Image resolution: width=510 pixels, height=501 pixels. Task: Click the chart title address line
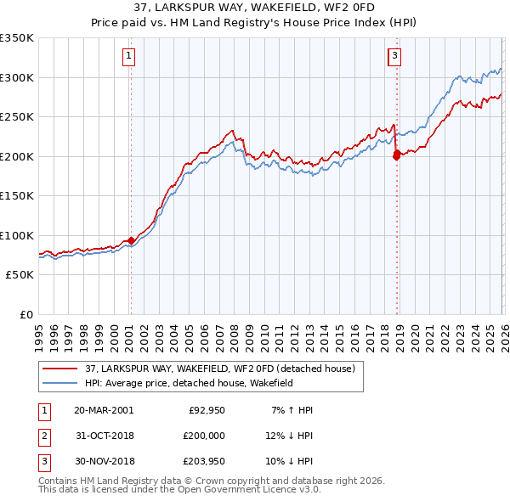[254, 8]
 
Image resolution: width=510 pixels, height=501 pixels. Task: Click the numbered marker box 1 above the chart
[128, 57]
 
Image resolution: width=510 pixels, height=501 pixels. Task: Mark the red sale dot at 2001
[131, 240]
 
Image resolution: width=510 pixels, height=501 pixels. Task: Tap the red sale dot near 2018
[396, 155]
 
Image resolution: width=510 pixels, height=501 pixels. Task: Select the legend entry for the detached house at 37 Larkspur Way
[224, 369]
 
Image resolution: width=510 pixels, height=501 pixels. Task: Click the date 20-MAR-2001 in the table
[104, 410]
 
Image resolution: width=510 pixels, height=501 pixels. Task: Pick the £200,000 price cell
[204, 436]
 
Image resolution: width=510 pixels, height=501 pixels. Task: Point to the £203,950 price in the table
[204, 461]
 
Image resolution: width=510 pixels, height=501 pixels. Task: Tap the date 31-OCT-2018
[104, 436]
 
